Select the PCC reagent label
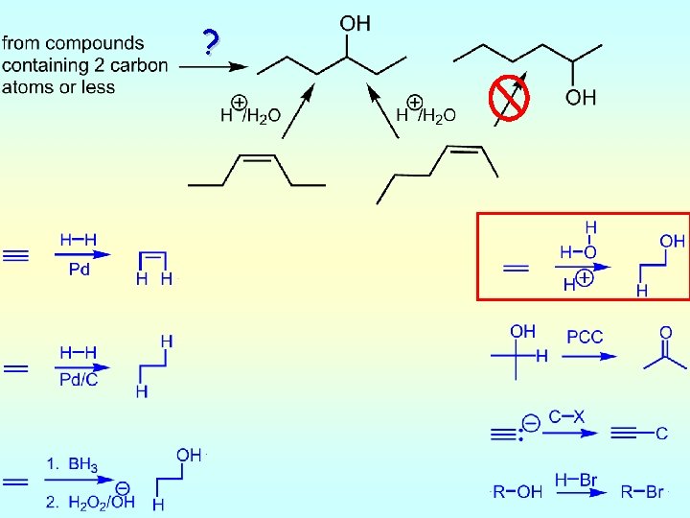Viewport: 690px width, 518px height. pos(585,337)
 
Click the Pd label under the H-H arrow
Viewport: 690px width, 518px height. pos(80,270)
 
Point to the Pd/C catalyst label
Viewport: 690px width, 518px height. pos(80,381)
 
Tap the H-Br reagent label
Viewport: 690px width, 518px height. pos(575,477)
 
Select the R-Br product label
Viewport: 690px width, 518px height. pos(641,492)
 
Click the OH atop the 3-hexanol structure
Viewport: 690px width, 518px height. pos(356,23)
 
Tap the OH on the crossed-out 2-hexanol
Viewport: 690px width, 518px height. pos(581,97)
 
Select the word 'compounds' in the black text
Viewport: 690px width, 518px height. pos(102,43)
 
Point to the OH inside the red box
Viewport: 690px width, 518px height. pos(673,242)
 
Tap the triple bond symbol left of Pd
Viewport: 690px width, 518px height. pos(16,256)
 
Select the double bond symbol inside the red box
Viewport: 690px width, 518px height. pos(516,269)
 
